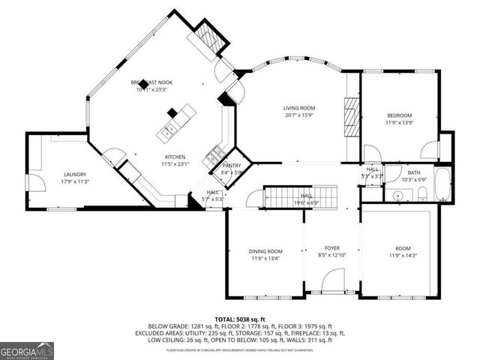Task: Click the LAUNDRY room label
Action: pos(75,174)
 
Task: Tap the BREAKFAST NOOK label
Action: pos(151,82)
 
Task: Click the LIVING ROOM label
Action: pos(298,108)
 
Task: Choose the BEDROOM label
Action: pos(400,115)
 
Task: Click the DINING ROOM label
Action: pos(265,251)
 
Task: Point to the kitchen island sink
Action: pos(167,132)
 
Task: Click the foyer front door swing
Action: pos(331,281)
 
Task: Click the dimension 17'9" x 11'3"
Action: pos(75,181)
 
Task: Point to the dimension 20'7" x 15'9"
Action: pos(298,115)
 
